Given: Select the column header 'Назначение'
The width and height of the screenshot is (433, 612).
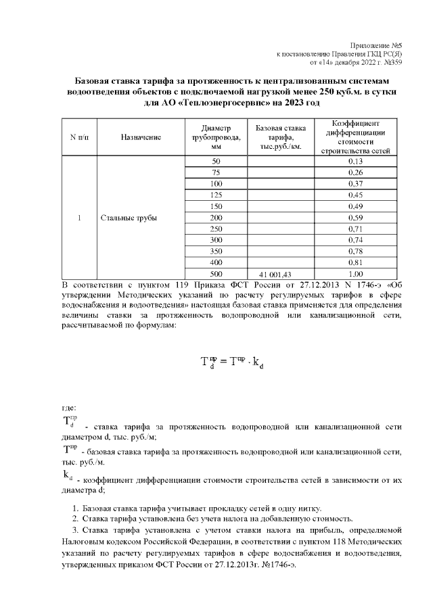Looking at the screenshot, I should pyautogui.click(x=141, y=137).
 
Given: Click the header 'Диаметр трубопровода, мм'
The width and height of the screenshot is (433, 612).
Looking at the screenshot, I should pyautogui.click(x=216, y=137).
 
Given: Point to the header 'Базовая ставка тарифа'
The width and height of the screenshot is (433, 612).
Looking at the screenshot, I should pyautogui.click(x=280, y=137).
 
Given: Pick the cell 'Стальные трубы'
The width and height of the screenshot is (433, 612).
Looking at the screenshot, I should pyautogui.click(x=129, y=218).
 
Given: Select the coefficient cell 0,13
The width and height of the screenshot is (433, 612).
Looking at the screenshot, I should pyautogui.click(x=355, y=162).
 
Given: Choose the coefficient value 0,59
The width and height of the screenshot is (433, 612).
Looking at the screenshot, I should pyautogui.click(x=355, y=218).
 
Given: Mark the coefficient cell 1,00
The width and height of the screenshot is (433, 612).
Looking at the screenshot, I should pyautogui.click(x=355, y=274).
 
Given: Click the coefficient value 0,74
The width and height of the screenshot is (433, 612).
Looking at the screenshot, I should pyautogui.click(x=355, y=240).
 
